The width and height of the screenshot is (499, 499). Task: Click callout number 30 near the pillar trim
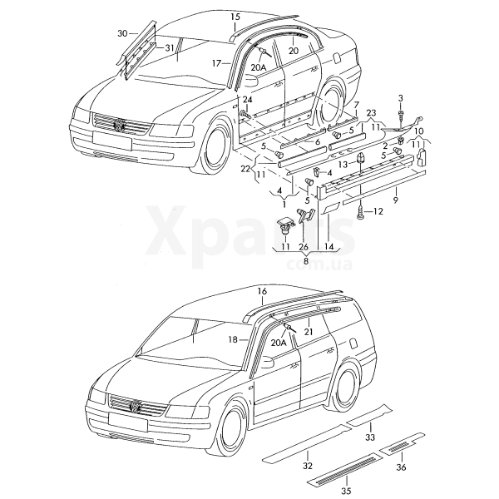click(x=122, y=33)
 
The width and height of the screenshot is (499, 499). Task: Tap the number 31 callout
click(x=170, y=47)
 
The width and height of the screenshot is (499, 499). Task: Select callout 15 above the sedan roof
click(x=235, y=17)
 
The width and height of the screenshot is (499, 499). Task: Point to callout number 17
click(x=216, y=63)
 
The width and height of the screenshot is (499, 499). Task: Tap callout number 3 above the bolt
click(x=400, y=99)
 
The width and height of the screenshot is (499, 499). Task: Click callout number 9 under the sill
click(x=396, y=200)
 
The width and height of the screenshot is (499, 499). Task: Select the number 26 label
click(x=304, y=246)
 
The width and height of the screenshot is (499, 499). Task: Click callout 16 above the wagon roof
click(x=262, y=291)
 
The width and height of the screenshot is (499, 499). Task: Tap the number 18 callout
click(x=234, y=339)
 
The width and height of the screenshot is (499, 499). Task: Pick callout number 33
click(x=370, y=437)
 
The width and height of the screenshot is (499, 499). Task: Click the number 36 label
click(x=401, y=468)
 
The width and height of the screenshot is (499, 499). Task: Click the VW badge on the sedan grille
click(x=121, y=126)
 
